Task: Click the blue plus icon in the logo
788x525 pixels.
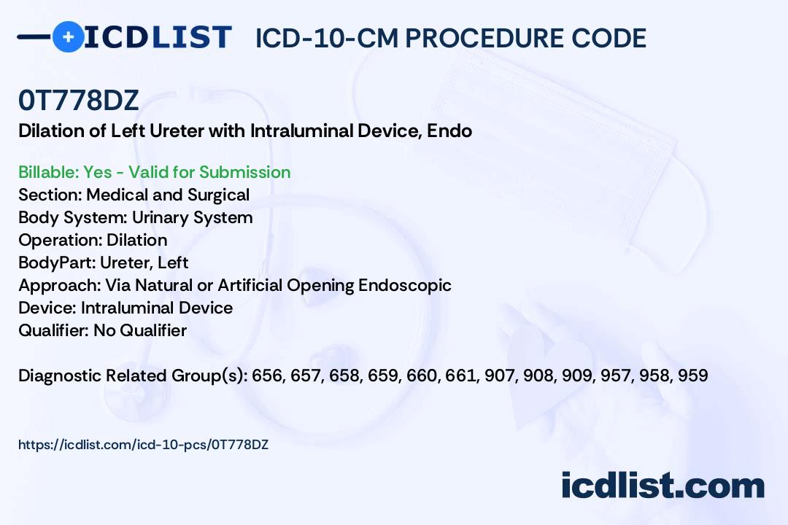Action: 68,36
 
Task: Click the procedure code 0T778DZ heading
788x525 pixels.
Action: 78,100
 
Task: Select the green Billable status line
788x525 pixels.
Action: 154,172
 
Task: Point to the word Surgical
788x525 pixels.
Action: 219,195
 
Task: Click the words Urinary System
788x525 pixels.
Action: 192,217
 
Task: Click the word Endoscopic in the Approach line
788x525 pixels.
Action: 404,285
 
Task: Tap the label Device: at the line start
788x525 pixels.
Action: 47,308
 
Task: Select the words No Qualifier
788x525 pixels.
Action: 140,330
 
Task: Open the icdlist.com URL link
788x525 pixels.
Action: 143,445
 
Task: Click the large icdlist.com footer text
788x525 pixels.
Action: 663,486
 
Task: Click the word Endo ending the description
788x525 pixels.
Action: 449,131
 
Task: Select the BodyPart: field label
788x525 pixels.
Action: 57,262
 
